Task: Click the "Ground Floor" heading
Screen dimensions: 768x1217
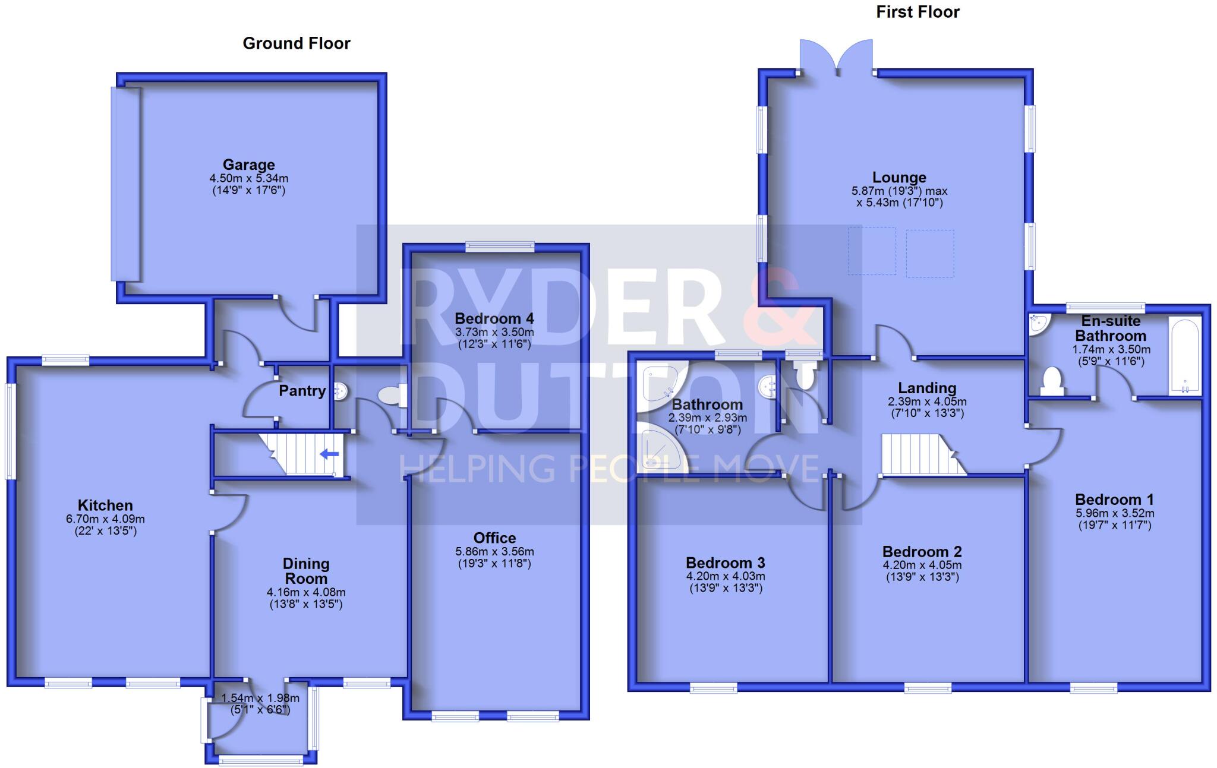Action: [x=297, y=43]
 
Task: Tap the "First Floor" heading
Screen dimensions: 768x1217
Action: [x=918, y=12]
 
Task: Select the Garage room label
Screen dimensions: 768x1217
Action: [x=248, y=165]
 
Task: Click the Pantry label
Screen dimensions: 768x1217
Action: [x=302, y=391]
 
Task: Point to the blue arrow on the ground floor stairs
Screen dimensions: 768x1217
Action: [x=329, y=454]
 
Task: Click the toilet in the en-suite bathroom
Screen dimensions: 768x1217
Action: [x=1051, y=381]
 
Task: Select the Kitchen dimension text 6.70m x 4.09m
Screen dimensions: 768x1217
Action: [x=105, y=519]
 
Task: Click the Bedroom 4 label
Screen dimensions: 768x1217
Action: [x=494, y=318]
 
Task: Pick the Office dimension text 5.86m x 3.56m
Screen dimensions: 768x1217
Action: [x=494, y=551]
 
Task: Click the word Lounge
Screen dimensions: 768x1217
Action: [x=899, y=178]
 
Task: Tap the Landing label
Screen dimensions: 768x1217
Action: [x=927, y=388]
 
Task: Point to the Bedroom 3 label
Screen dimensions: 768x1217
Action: [x=726, y=562]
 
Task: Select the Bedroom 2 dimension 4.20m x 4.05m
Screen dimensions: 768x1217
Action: [x=922, y=565]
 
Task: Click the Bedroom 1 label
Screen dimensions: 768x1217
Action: [x=1115, y=500]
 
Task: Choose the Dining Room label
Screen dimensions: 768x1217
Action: [x=306, y=571]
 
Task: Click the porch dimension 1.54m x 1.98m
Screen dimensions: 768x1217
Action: [x=260, y=699]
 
